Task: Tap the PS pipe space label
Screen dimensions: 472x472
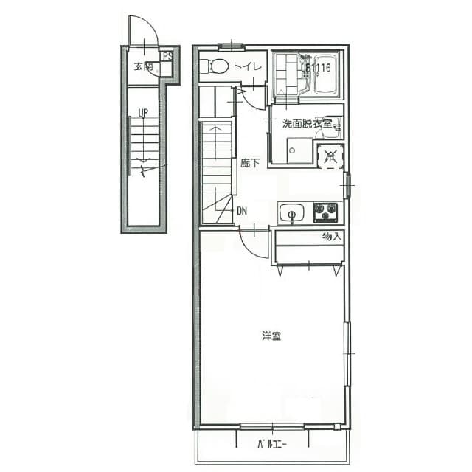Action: point(167,55)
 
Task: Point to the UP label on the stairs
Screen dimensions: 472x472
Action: point(142,113)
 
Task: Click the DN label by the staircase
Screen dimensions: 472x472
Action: point(242,210)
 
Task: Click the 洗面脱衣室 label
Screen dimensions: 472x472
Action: point(307,123)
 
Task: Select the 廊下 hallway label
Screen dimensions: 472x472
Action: point(249,163)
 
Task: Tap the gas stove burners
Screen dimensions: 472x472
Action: point(325,212)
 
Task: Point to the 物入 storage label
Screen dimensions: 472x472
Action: point(332,237)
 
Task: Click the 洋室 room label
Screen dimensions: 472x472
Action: point(271,336)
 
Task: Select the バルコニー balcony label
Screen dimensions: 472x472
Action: point(271,444)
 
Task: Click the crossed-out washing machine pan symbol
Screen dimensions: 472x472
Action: point(330,156)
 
